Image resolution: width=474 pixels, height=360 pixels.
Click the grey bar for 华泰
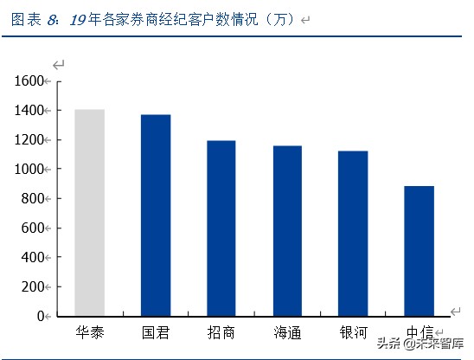pyautogui.click(x=89, y=213)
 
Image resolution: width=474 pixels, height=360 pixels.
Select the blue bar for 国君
pyautogui.click(x=156, y=215)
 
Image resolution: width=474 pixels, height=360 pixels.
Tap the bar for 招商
pyautogui.click(x=221, y=228)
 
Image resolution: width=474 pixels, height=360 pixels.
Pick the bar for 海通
pyautogui.click(x=287, y=231)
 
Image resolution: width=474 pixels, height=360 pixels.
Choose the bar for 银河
pyautogui.click(x=353, y=234)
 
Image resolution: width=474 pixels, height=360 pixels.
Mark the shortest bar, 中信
pyautogui.click(x=419, y=251)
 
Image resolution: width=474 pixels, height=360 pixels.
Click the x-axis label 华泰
pyautogui.click(x=89, y=331)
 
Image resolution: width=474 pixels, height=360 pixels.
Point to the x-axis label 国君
pyautogui.click(x=156, y=331)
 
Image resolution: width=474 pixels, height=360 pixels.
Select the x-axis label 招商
pyautogui.click(x=221, y=331)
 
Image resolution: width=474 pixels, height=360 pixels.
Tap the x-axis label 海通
pyautogui.click(x=287, y=331)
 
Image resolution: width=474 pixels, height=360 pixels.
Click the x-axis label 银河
pyautogui.click(x=353, y=331)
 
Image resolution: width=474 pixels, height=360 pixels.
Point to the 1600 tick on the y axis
pyautogui.click(x=29, y=81)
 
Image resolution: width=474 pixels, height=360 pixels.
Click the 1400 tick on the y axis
pyautogui.click(x=29, y=111)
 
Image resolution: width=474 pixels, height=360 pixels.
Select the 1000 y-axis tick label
pyautogui.click(x=29, y=170)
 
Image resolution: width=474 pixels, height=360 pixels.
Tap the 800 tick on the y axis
pyautogui.click(x=32, y=199)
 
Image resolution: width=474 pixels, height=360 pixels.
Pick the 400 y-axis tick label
pyautogui.click(x=32, y=258)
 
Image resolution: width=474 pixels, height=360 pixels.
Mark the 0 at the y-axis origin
pyautogui.click(x=40, y=317)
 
